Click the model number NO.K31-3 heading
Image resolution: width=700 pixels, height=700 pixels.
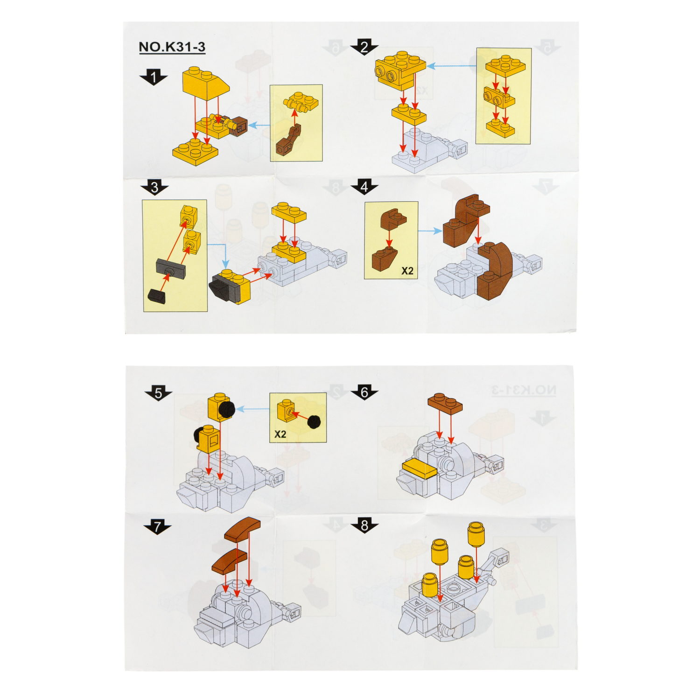(172, 47)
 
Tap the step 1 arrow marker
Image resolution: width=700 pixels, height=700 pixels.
(153, 77)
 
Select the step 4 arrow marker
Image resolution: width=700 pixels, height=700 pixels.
(364, 187)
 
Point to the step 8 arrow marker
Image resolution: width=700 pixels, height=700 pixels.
(364, 525)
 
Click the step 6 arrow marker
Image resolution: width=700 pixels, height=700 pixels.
(364, 392)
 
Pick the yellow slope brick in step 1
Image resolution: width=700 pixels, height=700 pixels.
(205, 82)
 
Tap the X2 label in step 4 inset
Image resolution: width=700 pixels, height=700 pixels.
(407, 271)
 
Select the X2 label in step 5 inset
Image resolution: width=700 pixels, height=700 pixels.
(280, 434)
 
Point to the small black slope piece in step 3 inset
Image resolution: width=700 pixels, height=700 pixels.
(157, 295)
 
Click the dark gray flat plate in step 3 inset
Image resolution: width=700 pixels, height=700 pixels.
(170, 267)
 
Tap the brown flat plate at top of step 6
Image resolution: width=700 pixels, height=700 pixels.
(445, 403)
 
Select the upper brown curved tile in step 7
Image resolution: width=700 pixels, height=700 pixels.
(242, 529)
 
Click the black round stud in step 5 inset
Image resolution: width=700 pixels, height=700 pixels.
(315, 421)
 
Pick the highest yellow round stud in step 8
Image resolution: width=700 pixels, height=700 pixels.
(476, 533)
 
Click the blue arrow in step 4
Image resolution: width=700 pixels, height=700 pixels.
(430, 231)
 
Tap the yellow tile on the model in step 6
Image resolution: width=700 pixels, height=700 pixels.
(419, 469)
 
